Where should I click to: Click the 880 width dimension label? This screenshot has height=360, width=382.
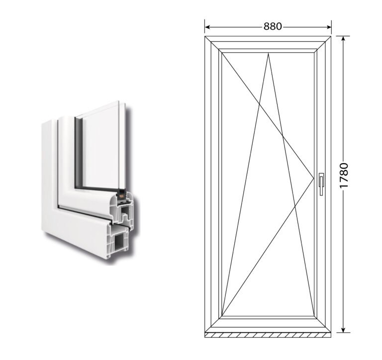273,26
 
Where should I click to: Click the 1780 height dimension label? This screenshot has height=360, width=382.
344,176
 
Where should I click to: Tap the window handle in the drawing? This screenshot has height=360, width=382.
322,184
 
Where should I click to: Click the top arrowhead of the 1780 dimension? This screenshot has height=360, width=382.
343,39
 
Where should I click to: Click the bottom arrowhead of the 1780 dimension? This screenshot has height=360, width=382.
343,330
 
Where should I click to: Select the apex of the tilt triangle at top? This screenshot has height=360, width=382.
268,53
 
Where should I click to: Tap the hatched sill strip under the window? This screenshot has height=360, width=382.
268,335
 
